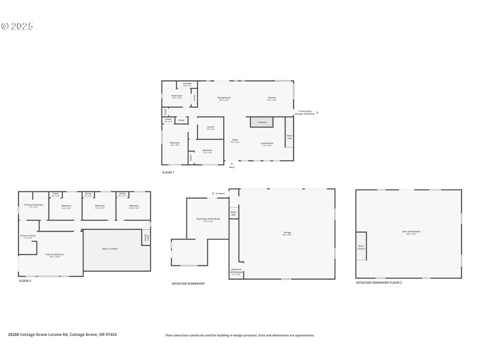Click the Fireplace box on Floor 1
click(x=262, y=122)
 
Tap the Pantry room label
click(x=211, y=127)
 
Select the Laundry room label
click(x=187, y=84)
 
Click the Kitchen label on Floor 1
click(x=272, y=98)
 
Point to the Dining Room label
click(x=224, y=98)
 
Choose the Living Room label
click(x=266, y=143)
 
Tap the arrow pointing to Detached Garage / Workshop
click(x=318, y=112)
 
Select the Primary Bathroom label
click(x=34, y=206)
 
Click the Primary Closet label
click(x=28, y=236)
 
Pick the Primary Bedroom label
click(x=55, y=255)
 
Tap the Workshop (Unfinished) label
click(x=208, y=219)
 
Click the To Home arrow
click(x=214, y=193)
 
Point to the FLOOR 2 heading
click(x=25, y=281)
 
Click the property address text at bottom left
click(x=62, y=335)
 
